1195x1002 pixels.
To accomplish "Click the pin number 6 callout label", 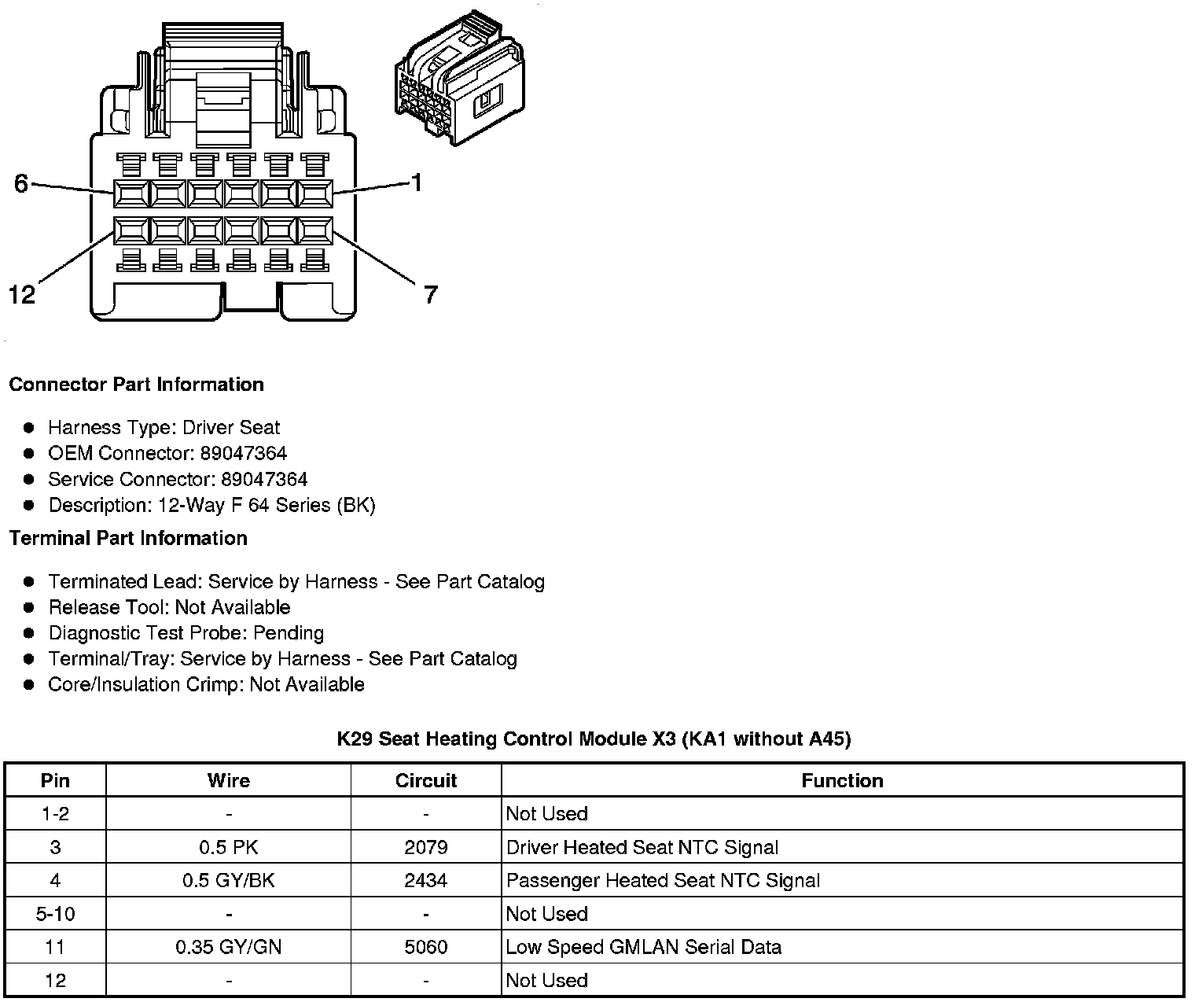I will point(21,183).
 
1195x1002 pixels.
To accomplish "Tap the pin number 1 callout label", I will point(417,182).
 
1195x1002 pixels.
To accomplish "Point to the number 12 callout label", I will point(22,295).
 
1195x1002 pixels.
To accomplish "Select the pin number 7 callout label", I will point(430,295).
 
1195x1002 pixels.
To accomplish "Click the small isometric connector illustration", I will point(460,79).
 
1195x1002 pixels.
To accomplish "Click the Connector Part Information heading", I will point(136,385).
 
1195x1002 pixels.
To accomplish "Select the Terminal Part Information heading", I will point(128,538).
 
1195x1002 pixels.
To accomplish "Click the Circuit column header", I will point(426,780).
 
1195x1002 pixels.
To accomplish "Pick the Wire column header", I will point(228,780).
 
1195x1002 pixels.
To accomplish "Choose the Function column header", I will point(842,780).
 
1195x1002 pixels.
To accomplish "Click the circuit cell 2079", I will point(426,847).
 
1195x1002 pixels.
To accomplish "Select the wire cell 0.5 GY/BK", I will point(228,880).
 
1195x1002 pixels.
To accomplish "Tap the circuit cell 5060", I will point(426,947).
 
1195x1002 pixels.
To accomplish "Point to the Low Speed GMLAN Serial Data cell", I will point(644,947).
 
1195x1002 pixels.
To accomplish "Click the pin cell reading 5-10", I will point(55,914).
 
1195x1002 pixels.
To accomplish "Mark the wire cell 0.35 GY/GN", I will point(228,947).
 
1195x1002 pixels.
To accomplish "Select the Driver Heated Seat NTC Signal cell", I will point(642,847).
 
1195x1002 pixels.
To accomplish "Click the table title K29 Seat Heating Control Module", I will point(594,739).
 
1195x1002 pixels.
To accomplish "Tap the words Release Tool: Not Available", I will point(169,607).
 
